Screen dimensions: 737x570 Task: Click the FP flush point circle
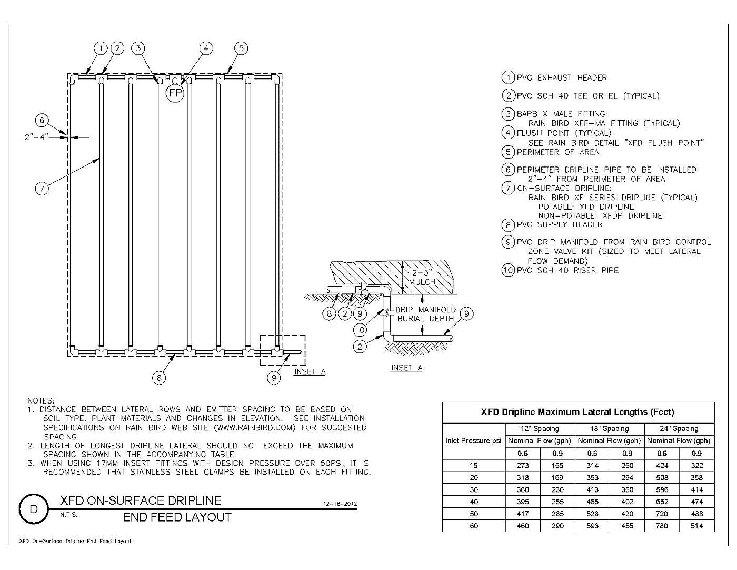pos(175,93)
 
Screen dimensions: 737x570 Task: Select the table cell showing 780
pos(662,526)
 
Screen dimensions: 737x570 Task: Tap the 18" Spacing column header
pos(609,428)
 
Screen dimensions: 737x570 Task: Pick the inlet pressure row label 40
pos(474,502)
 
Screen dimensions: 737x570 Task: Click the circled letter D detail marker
pos(34,509)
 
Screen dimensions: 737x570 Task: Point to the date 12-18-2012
pos(340,504)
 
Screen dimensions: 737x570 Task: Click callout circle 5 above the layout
pos(241,48)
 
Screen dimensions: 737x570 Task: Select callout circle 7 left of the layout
pos(42,188)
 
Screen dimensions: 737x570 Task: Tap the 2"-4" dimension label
pos(36,137)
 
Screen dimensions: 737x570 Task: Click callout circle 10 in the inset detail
pos(360,329)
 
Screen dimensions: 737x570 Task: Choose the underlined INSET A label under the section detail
pos(406,368)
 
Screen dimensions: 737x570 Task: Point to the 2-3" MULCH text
pos(422,277)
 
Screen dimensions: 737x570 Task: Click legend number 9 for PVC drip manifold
pos(508,242)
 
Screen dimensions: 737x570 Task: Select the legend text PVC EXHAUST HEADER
pos(562,77)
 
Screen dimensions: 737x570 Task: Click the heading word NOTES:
pos(41,401)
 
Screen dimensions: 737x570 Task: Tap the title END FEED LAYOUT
pos(177,517)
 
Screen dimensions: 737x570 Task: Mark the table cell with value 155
pos(557,465)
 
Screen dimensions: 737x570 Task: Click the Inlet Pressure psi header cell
pos(473,441)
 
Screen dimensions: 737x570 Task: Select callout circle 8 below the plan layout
pos(159,378)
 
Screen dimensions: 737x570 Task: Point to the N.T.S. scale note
pos(69,515)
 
